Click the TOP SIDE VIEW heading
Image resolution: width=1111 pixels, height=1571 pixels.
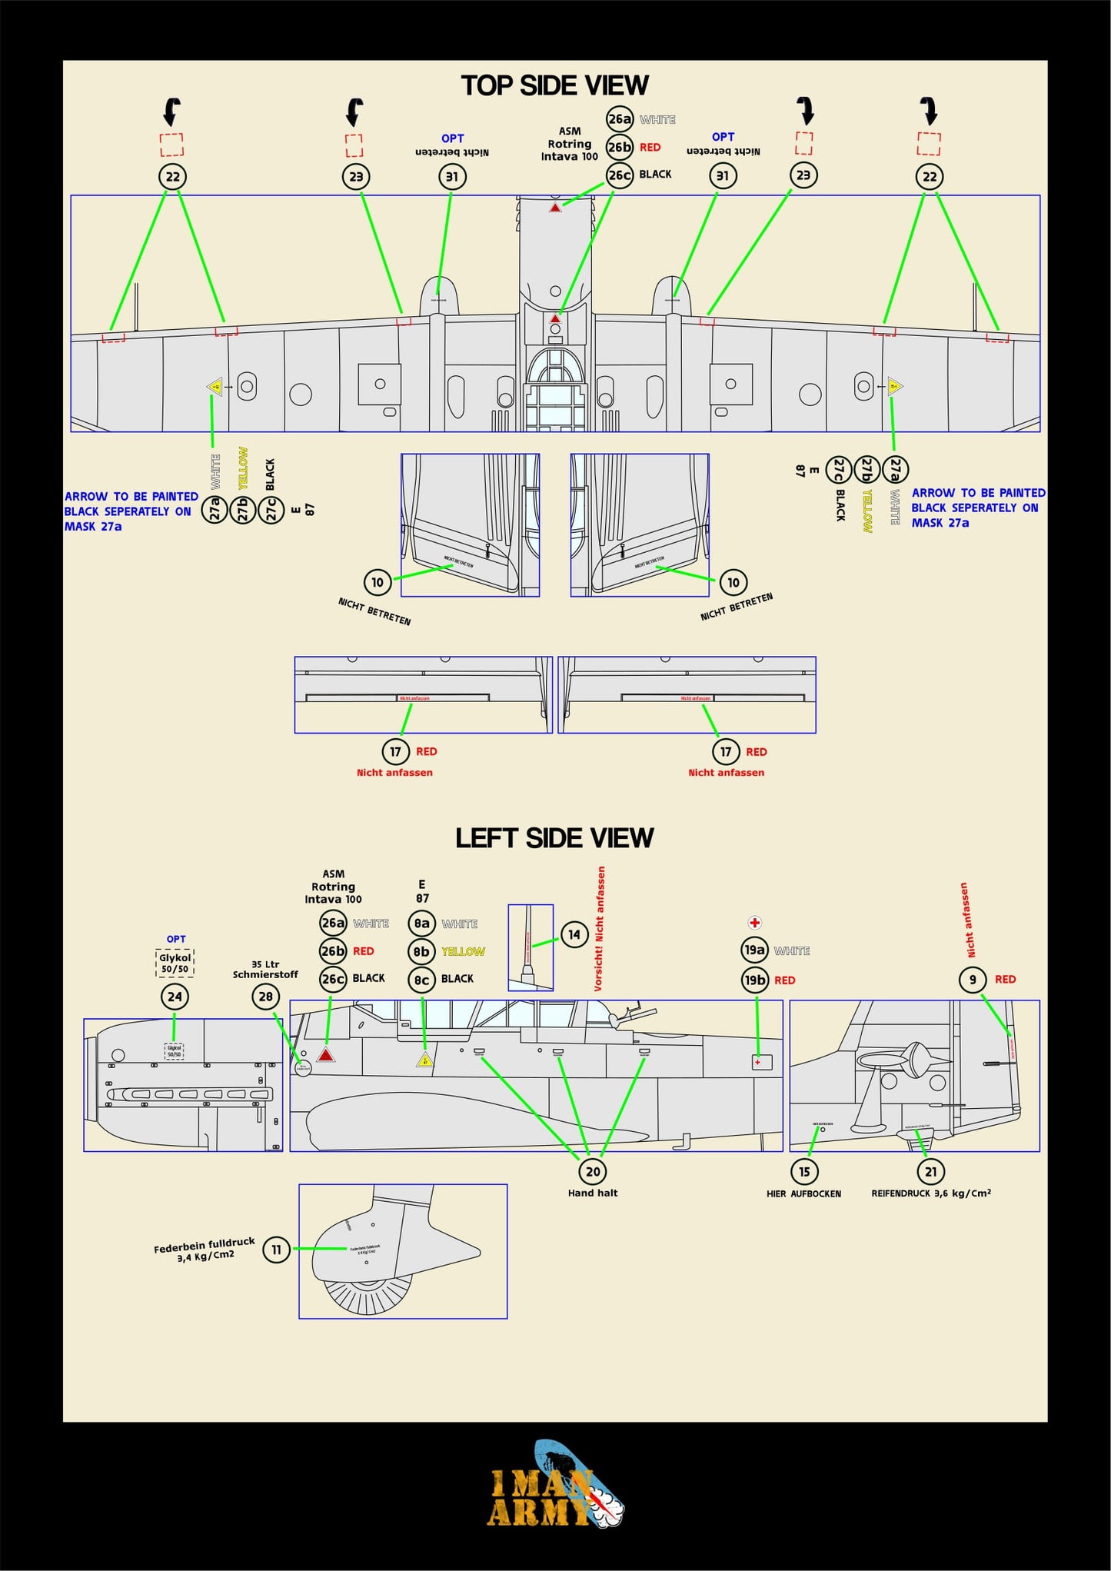[554, 85]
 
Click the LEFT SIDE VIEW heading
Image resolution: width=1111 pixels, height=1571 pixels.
[554, 837]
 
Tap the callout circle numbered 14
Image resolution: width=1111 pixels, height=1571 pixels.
[574, 934]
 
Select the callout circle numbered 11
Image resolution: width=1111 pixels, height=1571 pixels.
[277, 1250]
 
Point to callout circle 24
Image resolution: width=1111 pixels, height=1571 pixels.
[175, 997]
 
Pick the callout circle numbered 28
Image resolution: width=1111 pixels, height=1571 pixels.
[265, 997]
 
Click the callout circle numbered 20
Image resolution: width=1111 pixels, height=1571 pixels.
[593, 1172]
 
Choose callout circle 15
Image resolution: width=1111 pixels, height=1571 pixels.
[804, 1172]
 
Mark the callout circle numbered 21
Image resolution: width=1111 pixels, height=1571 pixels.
[931, 1172]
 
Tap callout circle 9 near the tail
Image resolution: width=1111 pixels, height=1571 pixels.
[973, 980]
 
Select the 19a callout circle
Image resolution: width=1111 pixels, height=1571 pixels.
[755, 950]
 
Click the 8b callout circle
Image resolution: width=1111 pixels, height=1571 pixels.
[421, 952]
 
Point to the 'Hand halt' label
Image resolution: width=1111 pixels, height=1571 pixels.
[593, 1193]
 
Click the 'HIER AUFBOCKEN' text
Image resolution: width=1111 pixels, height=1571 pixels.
[803, 1194]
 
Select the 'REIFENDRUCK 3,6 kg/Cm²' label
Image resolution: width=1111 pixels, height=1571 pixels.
[931, 1193]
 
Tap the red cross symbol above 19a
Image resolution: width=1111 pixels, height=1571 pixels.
[755, 923]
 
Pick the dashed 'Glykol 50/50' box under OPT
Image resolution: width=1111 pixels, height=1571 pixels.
[175, 963]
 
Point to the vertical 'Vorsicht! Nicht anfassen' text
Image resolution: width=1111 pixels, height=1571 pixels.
[600, 928]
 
